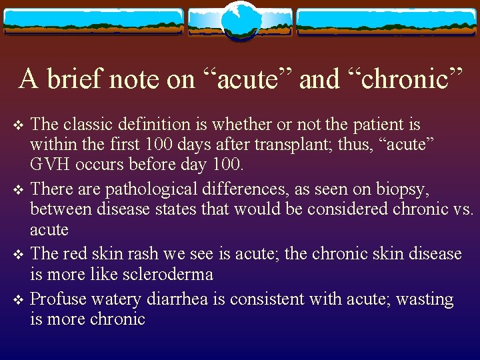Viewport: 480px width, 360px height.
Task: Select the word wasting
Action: [424, 299]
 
